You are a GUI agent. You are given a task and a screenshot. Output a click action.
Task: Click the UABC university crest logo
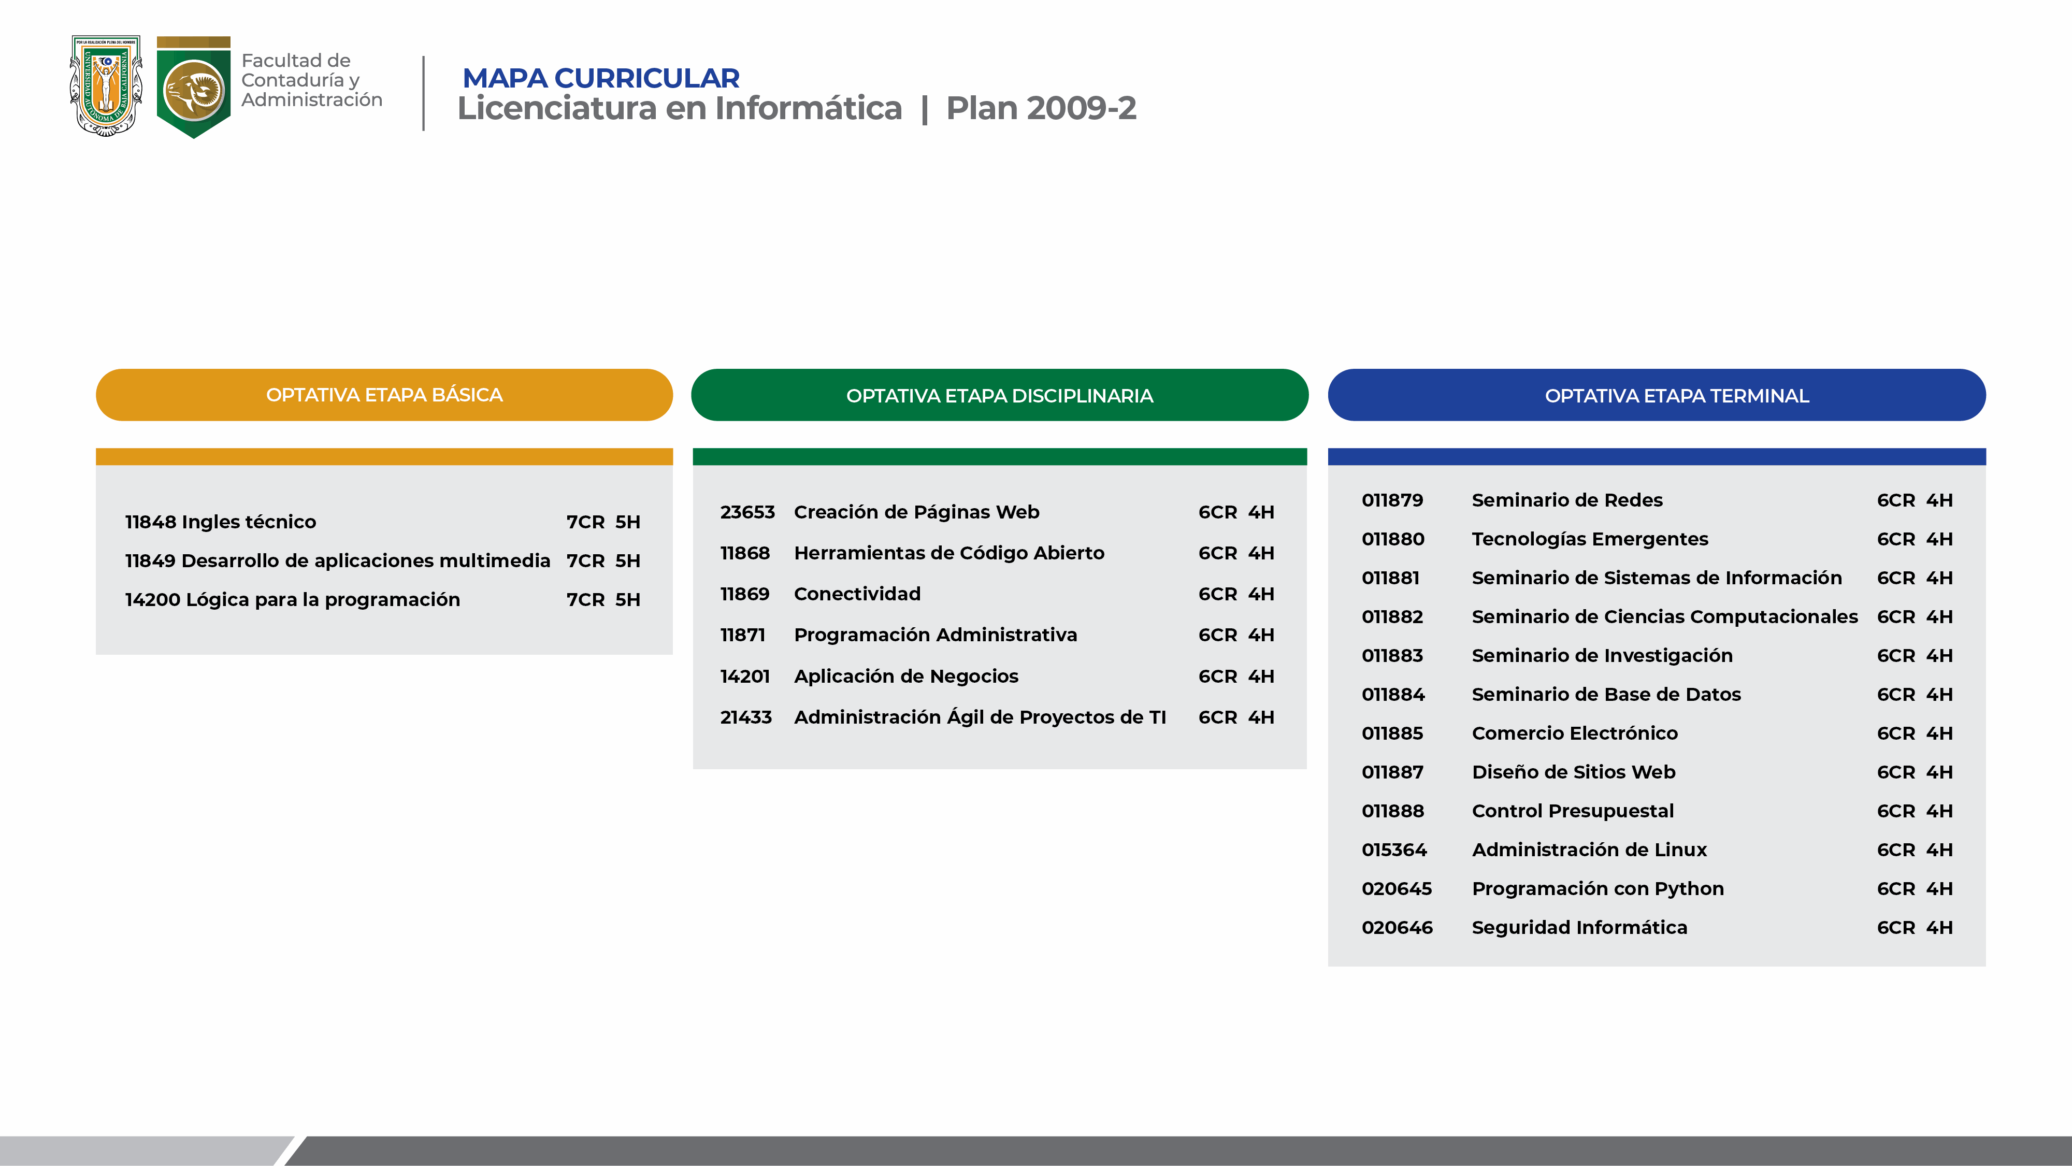[x=106, y=85]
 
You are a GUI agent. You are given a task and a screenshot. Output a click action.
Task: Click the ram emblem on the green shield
[x=194, y=89]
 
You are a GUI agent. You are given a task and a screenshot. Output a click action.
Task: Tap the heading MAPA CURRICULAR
[x=601, y=78]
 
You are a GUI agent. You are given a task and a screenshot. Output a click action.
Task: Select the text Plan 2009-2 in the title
[x=1041, y=108]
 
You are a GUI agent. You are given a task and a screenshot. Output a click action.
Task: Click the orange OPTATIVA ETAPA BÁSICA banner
[x=384, y=395]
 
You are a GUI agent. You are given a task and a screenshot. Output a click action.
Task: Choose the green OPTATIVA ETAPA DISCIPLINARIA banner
[x=1000, y=395]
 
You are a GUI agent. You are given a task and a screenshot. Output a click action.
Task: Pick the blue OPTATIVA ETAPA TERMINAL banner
[x=1657, y=395]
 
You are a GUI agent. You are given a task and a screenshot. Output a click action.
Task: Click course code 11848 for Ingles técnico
[x=150, y=522]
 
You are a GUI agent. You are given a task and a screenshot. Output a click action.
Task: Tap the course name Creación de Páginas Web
[x=916, y=512]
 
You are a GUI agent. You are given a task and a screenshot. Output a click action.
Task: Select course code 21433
[x=745, y=717]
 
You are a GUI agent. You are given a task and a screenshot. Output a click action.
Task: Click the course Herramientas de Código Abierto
[x=949, y=553]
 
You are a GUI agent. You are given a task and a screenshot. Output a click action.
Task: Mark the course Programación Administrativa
[x=936, y=635]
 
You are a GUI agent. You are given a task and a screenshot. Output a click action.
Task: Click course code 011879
[x=1392, y=500]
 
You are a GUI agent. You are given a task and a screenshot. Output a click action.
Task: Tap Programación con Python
[x=1598, y=888]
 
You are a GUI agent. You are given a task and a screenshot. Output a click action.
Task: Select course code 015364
[x=1394, y=850]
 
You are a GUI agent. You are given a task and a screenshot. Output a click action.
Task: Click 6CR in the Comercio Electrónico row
[x=1896, y=733]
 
